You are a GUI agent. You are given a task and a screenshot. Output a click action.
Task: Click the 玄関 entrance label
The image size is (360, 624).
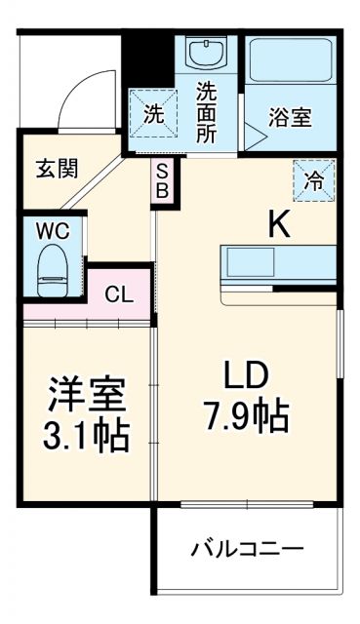point(59,169)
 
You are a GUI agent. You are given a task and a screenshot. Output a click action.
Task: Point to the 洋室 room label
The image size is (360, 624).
point(89,398)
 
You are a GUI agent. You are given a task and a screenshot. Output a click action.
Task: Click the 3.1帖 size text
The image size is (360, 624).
point(89,436)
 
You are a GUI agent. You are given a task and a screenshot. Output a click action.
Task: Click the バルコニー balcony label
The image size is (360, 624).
point(247,547)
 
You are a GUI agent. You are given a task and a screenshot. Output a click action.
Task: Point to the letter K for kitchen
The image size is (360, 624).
point(279,225)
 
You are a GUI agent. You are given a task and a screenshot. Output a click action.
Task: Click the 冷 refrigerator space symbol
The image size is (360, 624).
point(315,180)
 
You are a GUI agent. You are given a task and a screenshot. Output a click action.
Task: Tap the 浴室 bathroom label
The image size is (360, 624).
point(290,117)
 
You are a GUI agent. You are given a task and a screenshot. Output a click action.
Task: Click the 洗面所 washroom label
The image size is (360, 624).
point(207,112)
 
